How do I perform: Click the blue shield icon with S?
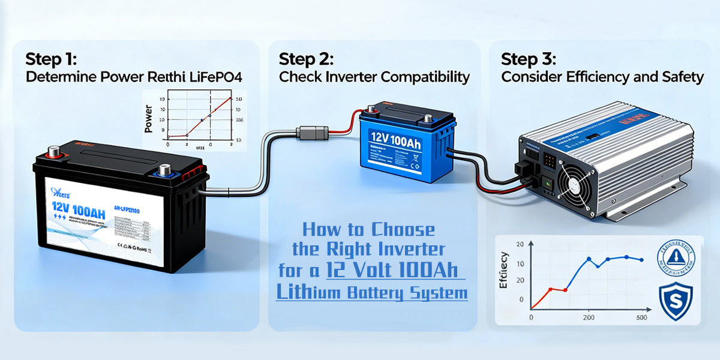coord(676,301)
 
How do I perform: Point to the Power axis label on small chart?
coord(149,119)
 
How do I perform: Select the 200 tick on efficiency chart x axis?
coord(589,317)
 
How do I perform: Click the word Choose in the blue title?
coord(403,229)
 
